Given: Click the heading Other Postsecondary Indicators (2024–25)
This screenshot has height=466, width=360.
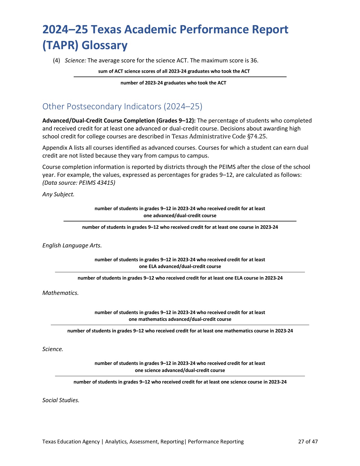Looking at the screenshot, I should click(122, 106).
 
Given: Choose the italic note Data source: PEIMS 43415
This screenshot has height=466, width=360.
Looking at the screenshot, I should click(79, 183).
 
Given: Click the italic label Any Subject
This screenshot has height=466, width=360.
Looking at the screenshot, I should click(58, 194).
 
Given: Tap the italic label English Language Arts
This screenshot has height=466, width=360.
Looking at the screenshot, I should click(72, 245).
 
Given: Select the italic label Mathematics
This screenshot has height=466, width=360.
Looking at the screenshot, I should click(60, 293).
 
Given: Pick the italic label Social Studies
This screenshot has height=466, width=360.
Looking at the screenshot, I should click(61, 400).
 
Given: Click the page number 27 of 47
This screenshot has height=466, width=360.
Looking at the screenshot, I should click(308, 441).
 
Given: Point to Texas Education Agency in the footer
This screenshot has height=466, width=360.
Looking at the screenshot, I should click(71, 441).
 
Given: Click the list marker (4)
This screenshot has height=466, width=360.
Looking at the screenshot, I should click(56, 60).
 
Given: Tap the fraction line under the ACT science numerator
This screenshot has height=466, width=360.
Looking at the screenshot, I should click(180, 77).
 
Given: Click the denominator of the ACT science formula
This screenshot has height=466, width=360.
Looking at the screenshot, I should click(173, 83).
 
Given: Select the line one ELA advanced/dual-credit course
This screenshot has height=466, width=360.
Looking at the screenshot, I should click(180, 266).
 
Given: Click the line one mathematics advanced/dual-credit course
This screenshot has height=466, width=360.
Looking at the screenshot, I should click(180, 319).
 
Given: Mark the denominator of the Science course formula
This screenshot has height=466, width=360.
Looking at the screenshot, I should click(180, 382).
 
